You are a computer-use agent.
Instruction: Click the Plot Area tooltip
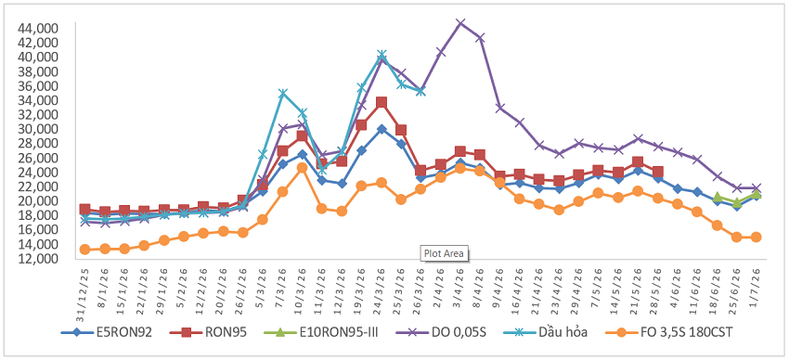coord(444,253)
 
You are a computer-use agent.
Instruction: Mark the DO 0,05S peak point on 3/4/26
coord(459,23)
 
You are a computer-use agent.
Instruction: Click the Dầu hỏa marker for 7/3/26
coord(282,93)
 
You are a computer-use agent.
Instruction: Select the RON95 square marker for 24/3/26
coord(382,103)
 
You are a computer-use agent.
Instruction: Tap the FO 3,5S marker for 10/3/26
coord(302,167)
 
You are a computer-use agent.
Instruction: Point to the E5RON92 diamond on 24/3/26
coord(382,129)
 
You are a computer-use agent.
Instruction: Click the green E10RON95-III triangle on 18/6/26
coord(717,198)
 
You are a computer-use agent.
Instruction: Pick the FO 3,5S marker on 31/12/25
coord(85,250)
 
